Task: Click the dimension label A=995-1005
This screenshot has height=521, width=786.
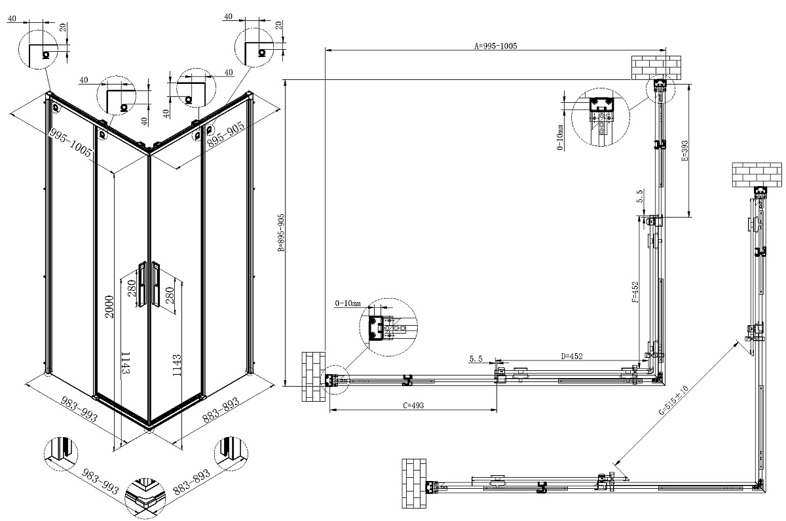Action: [x=496, y=46]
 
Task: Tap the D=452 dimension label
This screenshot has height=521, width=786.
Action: [x=572, y=356]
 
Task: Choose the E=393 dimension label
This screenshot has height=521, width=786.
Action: [x=684, y=151]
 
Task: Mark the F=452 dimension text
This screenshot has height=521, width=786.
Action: [x=635, y=291]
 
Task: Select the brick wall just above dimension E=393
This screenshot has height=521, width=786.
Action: [x=656, y=68]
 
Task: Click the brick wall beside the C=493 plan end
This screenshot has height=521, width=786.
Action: [x=313, y=377]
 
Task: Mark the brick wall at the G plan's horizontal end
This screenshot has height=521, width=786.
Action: [x=413, y=484]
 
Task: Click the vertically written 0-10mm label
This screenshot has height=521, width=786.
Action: [x=561, y=138]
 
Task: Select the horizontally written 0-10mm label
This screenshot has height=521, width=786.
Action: [x=348, y=303]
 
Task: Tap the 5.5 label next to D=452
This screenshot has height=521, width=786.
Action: [x=476, y=359]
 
